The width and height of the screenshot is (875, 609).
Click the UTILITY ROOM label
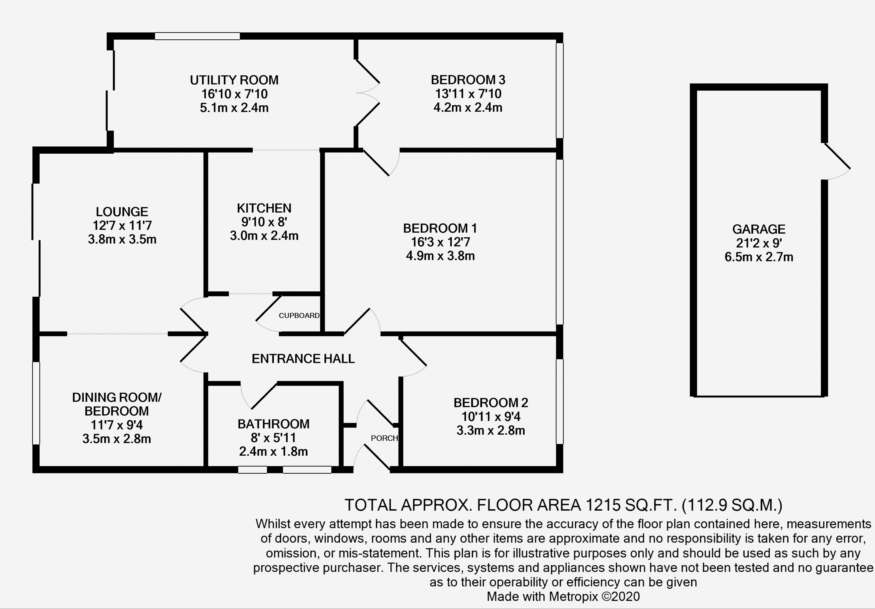[x=234, y=80]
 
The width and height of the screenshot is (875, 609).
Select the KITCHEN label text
[x=264, y=208]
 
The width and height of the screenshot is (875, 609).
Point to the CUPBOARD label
[x=299, y=315]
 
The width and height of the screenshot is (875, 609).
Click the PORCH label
[x=384, y=438]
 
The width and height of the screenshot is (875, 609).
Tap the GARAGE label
[x=758, y=229]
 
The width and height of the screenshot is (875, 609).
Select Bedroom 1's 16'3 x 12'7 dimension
[x=440, y=242]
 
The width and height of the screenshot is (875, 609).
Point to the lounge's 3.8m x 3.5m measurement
[x=122, y=239]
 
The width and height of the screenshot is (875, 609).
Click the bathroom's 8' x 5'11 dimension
[x=273, y=438]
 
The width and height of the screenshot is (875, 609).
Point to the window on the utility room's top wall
[x=197, y=36]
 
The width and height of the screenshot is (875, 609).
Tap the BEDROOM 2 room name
[x=491, y=403]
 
